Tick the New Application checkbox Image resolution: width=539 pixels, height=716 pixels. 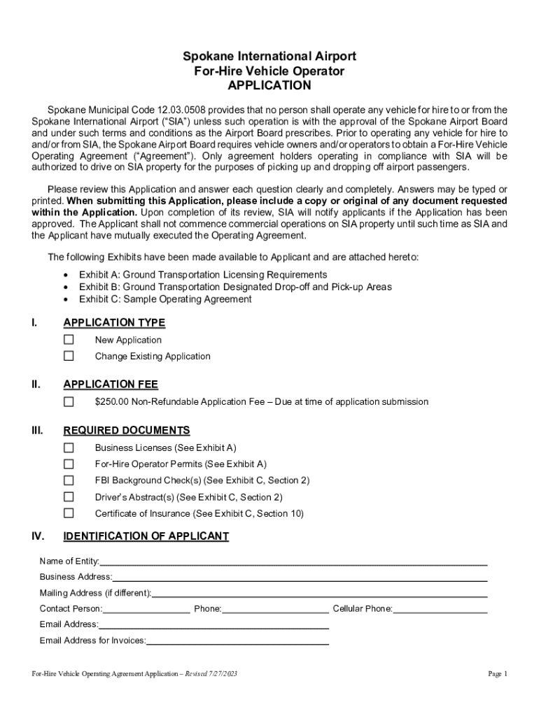pos(69,340)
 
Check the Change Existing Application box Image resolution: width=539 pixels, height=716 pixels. pos(69,356)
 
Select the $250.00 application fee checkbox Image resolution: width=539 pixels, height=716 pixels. pos(69,402)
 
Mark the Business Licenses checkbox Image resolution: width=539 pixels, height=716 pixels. pos(69,447)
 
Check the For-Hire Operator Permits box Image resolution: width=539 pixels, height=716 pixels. pos(69,464)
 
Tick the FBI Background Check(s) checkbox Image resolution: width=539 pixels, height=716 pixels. pos(69,480)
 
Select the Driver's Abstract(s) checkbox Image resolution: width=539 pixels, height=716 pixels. pos(69,497)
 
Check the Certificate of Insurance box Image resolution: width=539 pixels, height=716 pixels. pos(69,513)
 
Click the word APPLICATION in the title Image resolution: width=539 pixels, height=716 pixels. pos(269,86)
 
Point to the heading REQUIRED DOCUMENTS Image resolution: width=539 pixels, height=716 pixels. pos(127,431)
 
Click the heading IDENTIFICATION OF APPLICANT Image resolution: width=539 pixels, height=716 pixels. pos(146,536)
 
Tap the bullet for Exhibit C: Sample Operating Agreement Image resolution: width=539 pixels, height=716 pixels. pos(66,299)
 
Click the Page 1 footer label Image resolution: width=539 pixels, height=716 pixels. pos(497,674)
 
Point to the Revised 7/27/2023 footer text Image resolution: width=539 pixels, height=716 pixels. pos(211,674)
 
